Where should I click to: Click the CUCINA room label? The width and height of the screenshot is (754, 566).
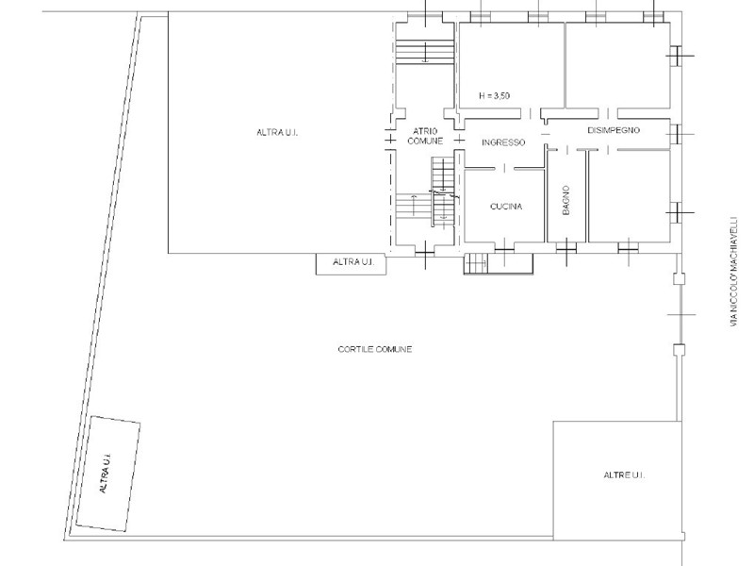(506, 207)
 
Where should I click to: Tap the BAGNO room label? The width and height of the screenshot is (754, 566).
(566, 200)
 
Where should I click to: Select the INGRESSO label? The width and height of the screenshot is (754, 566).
(503, 142)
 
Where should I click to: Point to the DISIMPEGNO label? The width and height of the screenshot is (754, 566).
(614, 130)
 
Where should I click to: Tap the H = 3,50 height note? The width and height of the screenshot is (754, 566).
(494, 96)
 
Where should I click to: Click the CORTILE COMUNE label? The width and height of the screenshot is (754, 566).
(375, 349)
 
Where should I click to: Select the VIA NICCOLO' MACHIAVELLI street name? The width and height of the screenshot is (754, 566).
(734, 271)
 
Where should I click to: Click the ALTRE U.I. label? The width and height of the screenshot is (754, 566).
(624, 475)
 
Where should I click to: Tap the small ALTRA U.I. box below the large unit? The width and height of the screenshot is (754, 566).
(351, 264)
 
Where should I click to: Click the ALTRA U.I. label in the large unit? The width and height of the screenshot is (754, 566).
(277, 132)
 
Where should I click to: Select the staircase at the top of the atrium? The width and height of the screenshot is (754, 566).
(425, 52)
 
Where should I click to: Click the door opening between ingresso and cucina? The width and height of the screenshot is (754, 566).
(504, 168)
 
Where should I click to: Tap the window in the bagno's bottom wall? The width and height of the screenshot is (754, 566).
(566, 248)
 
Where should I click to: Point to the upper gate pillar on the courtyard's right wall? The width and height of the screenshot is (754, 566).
(678, 278)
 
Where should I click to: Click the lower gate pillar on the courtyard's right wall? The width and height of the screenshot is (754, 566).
(678, 350)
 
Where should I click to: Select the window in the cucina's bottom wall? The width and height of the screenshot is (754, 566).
(504, 249)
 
